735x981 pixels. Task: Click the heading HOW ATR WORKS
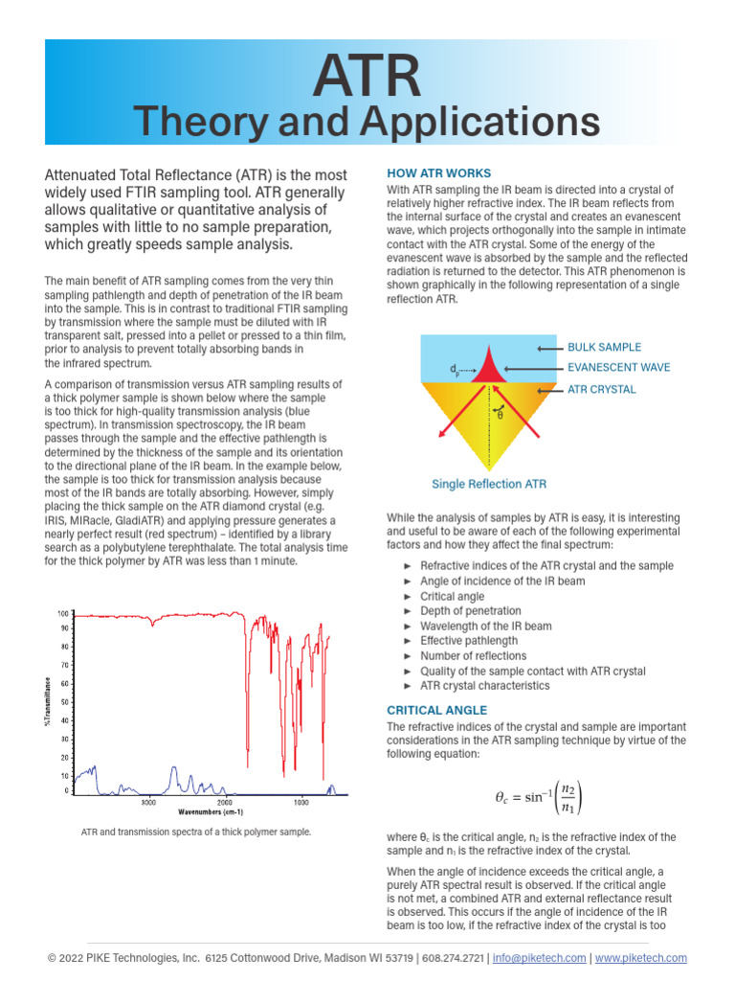click(x=438, y=173)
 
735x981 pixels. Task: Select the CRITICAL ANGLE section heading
click(x=436, y=710)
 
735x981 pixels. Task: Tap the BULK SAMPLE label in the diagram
click(x=604, y=347)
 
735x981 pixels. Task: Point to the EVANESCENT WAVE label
click(x=618, y=368)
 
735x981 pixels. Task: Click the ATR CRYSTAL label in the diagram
click(x=601, y=390)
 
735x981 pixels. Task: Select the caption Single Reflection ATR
click(x=489, y=484)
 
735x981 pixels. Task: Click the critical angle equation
click(x=537, y=797)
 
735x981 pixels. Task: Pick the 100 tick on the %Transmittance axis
click(x=63, y=613)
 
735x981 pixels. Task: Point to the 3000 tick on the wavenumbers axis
click(x=148, y=801)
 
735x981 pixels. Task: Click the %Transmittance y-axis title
click(x=46, y=701)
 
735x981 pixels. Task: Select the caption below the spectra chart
click(x=196, y=833)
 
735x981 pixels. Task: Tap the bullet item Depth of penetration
click(x=470, y=611)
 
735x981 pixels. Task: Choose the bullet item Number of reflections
click(x=473, y=656)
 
